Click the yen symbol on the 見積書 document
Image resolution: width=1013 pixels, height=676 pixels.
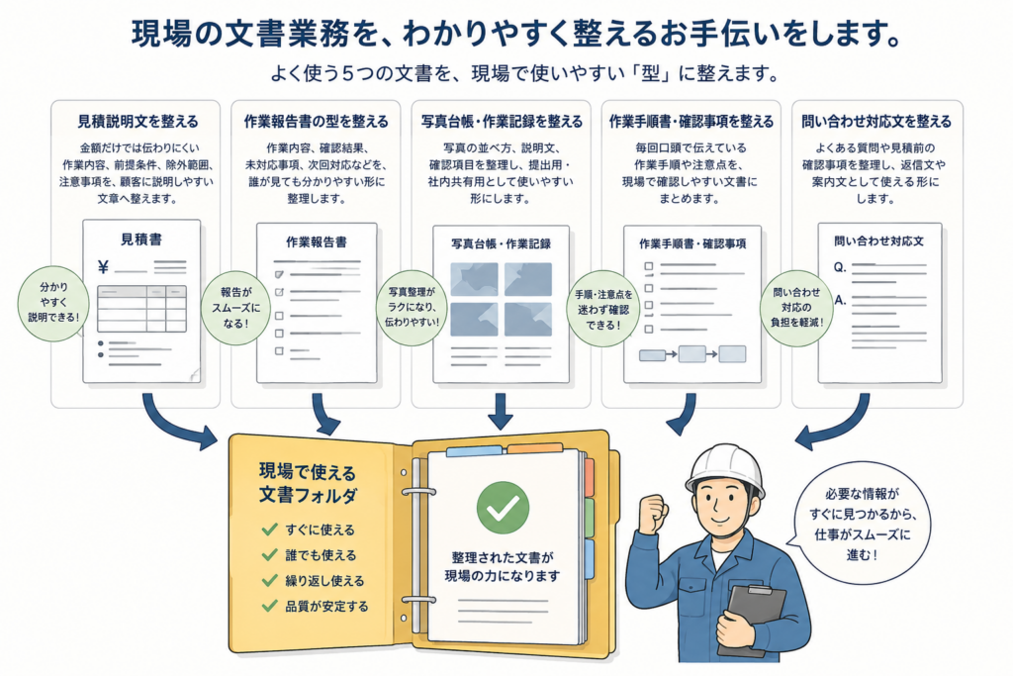click(x=103, y=267)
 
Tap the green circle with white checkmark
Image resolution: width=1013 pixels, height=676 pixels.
click(x=503, y=508)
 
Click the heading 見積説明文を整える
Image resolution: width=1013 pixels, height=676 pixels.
click(x=138, y=122)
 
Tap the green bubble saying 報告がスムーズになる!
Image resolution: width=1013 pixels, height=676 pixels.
click(x=235, y=308)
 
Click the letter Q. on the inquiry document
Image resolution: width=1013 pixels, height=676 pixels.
click(x=840, y=267)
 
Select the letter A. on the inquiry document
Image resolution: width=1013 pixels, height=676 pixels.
click(x=840, y=300)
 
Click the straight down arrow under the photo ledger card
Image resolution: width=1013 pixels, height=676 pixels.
click(x=501, y=412)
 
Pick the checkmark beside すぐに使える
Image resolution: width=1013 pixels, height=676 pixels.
click(x=269, y=530)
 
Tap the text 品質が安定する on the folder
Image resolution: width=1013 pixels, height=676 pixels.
click(x=326, y=606)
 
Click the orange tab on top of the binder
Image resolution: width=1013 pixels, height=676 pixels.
click(x=534, y=448)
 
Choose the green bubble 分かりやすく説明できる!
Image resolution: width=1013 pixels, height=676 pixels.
click(x=53, y=303)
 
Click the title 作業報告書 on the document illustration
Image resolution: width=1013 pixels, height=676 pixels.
click(x=316, y=241)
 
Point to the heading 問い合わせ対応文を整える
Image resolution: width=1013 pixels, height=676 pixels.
click(x=876, y=122)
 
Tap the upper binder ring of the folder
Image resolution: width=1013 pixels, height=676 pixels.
click(x=419, y=492)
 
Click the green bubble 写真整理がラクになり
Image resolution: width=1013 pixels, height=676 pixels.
click(x=412, y=308)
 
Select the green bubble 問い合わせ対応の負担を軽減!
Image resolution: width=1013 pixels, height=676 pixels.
click(x=796, y=308)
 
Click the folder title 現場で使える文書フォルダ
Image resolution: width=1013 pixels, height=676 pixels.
click(x=308, y=483)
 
